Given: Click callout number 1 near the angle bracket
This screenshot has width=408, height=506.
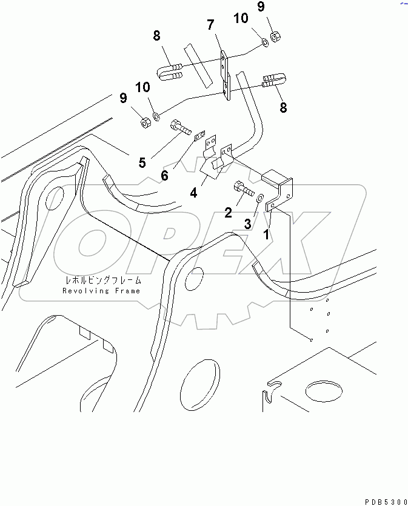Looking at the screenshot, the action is tap(266, 235).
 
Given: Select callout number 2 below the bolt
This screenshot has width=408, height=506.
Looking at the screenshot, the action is tap(228, 213).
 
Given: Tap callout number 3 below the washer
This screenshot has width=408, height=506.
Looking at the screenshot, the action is tap(247, 224).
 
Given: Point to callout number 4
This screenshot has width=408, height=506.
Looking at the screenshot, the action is tap(193, 193).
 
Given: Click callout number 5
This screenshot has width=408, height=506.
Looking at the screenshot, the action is tap(142, 162).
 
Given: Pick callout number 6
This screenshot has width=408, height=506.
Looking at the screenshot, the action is tap(164, 176).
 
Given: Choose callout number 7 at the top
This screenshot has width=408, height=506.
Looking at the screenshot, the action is tap(210, 24).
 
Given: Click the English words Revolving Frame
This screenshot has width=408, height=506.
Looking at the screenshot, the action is tap(101, 291).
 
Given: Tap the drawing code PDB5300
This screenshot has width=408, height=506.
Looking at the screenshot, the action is tap(386, 502).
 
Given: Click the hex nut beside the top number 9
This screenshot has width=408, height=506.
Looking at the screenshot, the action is tap(275, 36).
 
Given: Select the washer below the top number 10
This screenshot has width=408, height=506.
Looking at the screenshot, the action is tap(265, 42).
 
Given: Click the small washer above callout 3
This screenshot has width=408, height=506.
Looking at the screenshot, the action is tap(260, 198).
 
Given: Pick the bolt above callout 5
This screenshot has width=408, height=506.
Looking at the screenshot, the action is tap(180, 127).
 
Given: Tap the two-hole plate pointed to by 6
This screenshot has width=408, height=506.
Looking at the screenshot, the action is tap(200, 136).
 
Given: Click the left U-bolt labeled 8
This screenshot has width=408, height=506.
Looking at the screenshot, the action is tap(170, 72).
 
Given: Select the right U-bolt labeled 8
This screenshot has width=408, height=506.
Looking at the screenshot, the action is tap(275, 80).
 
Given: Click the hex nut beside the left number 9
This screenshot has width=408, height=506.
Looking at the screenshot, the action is tap(145, 122).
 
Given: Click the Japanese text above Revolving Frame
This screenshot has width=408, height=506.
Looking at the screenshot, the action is tap(103, 280).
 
